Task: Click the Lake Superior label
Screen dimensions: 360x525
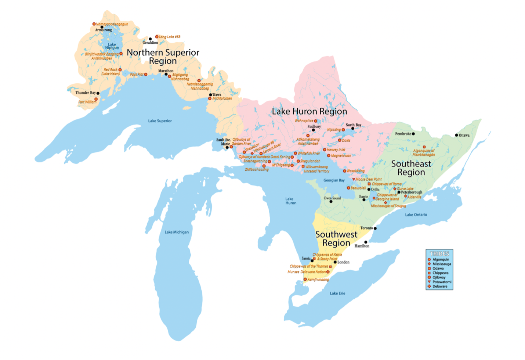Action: [160, 121]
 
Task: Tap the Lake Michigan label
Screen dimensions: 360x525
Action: [177, 232]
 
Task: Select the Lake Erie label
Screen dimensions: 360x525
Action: [337, 293]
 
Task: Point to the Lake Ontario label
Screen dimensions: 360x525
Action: [416, 215]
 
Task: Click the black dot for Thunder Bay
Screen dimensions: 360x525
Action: [98, 93]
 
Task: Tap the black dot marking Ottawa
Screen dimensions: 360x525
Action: [456, 135]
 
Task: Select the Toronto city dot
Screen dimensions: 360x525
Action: [375, 228]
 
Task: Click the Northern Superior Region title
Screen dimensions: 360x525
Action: [163, 57]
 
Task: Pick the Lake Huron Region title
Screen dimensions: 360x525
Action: [309, 111]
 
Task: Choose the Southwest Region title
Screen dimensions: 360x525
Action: [336, 238]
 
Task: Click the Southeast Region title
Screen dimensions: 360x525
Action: [411, 168]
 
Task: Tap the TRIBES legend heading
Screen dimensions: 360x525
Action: [439, 253]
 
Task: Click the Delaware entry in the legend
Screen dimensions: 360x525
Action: [439, 286]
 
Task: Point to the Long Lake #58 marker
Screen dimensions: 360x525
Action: [157, 37]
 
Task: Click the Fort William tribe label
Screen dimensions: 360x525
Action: [87, 102]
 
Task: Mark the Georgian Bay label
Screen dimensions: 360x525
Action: [334, 180]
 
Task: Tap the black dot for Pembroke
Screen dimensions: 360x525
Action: [413, 134]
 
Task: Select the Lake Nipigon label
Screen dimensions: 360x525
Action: [112, 46]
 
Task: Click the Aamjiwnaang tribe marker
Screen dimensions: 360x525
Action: [305, 280]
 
